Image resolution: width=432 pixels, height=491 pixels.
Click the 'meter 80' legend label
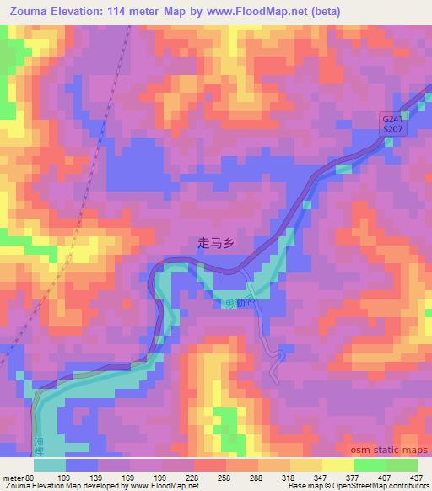pyautogui.click(x=18, y=477)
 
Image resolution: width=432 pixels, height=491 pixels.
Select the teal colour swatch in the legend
pyautogui.click(x=50, y=465)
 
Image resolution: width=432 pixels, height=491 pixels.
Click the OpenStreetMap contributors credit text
pyautogui.click(x=387, y=486)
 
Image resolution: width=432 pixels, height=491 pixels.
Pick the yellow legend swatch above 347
pyautogui.click(x=306, y=465)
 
